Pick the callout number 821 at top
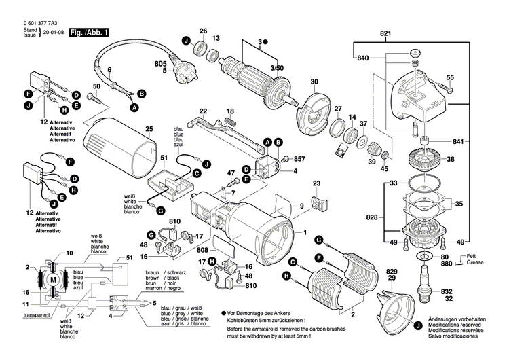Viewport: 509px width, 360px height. [386, 33]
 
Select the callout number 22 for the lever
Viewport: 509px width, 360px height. [202, 111]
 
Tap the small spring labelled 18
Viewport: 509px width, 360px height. [232, 122]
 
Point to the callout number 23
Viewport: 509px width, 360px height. [316, 183]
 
